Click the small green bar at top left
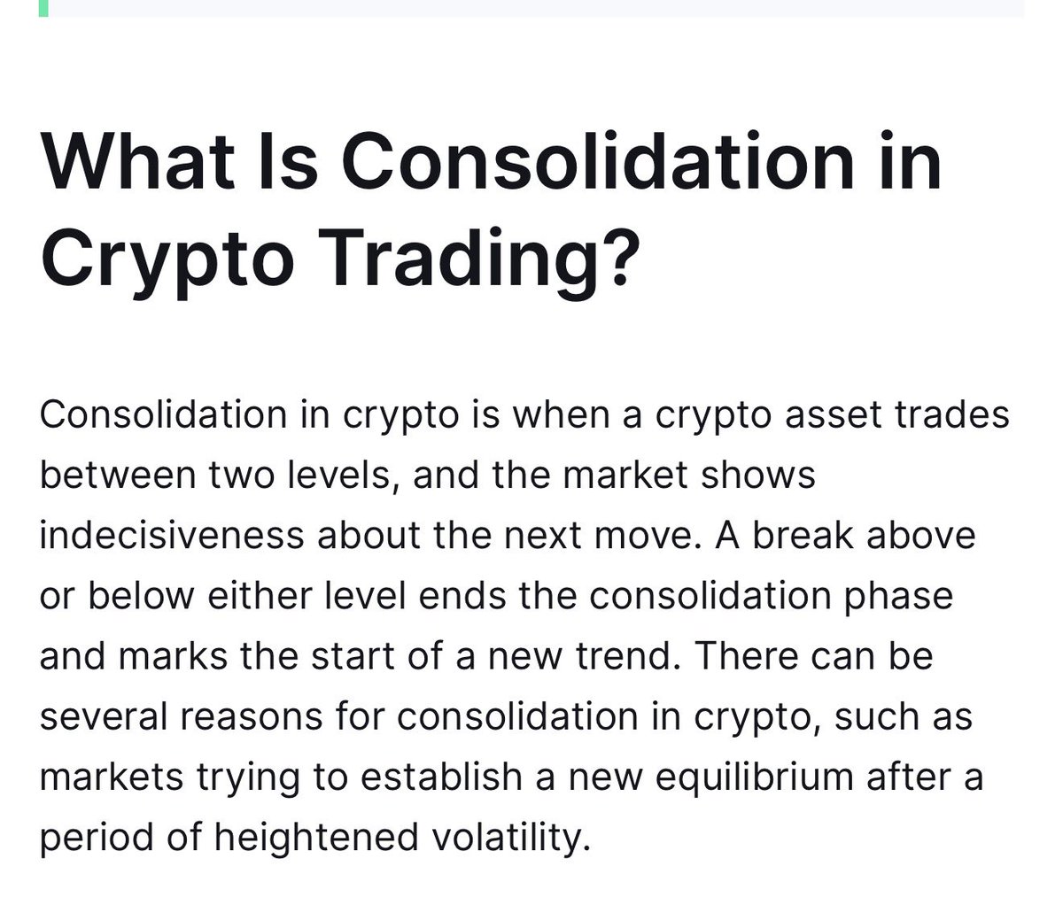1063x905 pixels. click(43, 8)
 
